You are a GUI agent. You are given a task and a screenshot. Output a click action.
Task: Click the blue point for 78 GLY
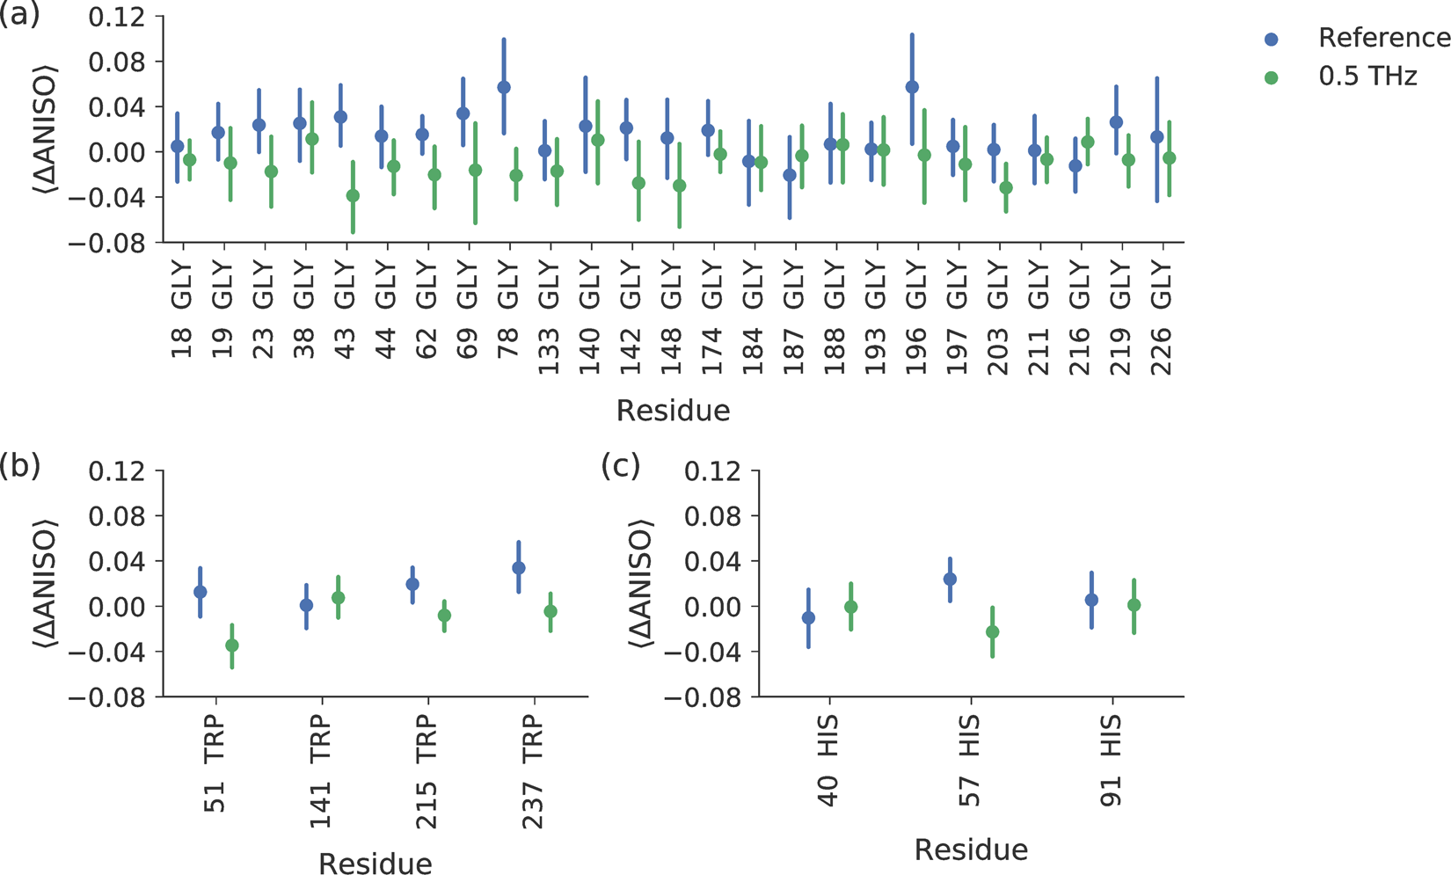[x=504, y=87]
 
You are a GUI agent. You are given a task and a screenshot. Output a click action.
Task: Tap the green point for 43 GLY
[x=353, y=195]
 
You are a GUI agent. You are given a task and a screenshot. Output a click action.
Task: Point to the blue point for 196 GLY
[x=912, y=87]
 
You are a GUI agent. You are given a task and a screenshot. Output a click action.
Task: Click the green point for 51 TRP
[x=232, y=645]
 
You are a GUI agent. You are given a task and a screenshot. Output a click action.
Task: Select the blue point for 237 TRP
[x=519, y=568]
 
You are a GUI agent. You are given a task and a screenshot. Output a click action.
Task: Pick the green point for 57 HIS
[x=993, y=631]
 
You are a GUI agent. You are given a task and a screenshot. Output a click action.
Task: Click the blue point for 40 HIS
[x=808, y=618]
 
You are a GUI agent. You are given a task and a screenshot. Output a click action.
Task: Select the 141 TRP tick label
[x=321, y=772]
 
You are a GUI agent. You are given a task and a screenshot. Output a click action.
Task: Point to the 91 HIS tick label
[x=1112, y=762]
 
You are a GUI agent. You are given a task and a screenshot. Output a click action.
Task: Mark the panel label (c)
[x=620, y=466]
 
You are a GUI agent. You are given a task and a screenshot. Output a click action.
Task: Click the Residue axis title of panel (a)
[x=673, y=411]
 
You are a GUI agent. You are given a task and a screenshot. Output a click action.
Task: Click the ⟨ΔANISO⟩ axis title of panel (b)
[x=46, y=585]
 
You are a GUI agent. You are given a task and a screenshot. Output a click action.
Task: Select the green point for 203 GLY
[x=1006, y=187]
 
